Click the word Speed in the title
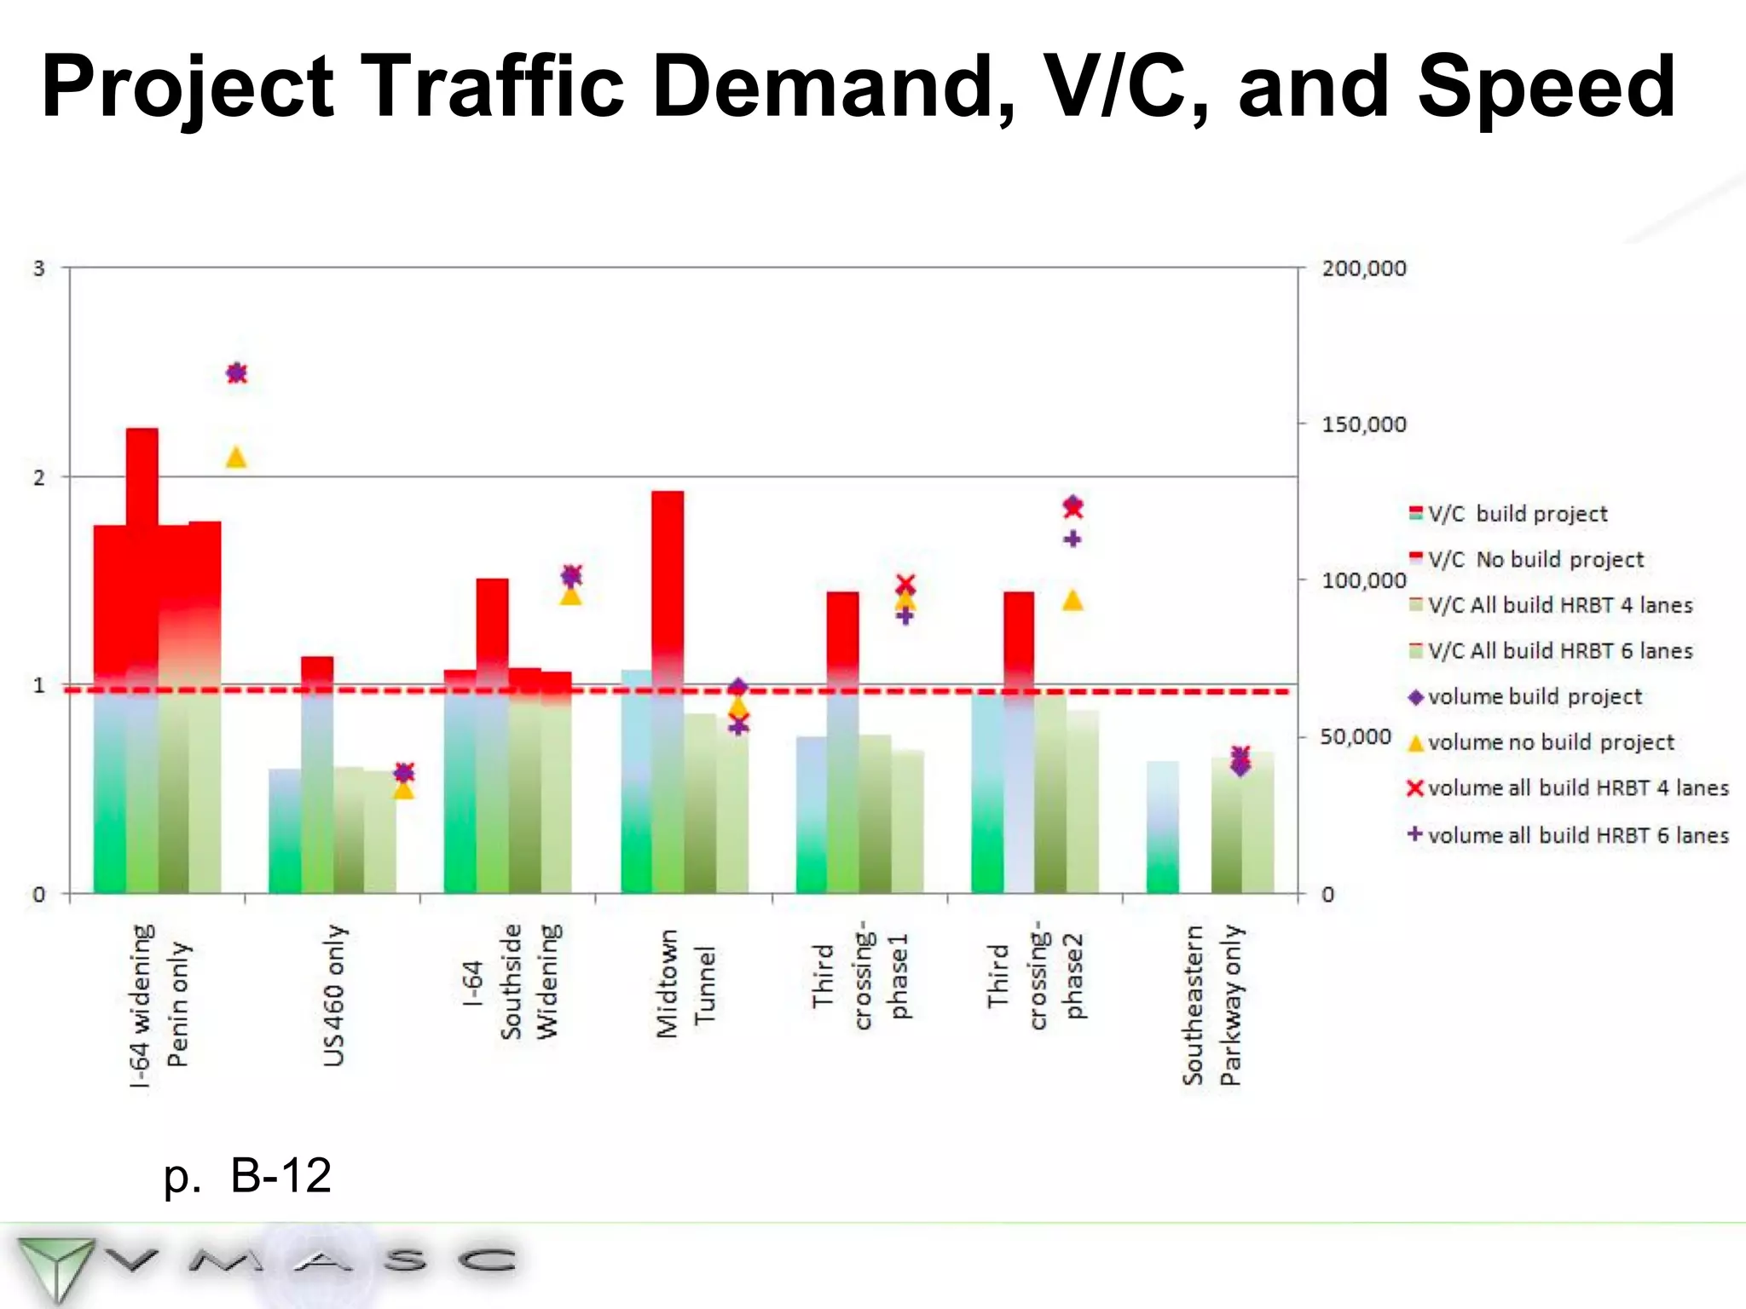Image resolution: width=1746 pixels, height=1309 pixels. pyautogui.click(x=1546, y=87)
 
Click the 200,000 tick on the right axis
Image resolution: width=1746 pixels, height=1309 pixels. pyautogui.click(x=1363, y=268)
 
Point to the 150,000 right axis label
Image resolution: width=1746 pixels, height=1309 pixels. pyautogui.click(x=1363, y=424)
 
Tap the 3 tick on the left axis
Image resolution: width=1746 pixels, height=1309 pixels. pyautogui.click(x=38, y=269)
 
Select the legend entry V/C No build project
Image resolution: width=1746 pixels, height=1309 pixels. pyautogui.click(x=1535, y=560)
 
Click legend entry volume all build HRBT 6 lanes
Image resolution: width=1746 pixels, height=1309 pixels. pyautogui.click(x=1577, y=835)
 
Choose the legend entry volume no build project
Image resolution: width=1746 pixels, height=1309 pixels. pyautogui.click(x=1550, y=742)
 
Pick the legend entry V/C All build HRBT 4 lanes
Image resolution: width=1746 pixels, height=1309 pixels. pyautogui.click(x=1558, y=605)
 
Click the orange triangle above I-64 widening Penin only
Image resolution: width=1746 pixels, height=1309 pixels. pyautogui.click(x=236, y=458)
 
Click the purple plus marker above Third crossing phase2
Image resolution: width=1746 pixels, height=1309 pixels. pyautogui.click(x=1072, y=539)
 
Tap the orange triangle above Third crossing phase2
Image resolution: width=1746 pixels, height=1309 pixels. pyautogui.click(x=1072, y=602)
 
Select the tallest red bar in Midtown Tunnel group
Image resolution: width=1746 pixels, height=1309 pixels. pyautogui.click(x=668, y=580)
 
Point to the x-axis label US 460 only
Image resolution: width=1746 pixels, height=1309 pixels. pyautogui.click(x=334, y=995)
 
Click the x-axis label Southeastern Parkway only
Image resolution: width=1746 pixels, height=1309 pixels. pyautogui.click(x=1211, y=1005)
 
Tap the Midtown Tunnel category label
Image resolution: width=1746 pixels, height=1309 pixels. pyautogui.click(x=685, y=984)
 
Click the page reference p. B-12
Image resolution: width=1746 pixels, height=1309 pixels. pyautogui.click(x=247, y=1175)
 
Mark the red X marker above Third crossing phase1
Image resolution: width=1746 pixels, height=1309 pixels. pyautogui.click(x=905, y=585)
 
